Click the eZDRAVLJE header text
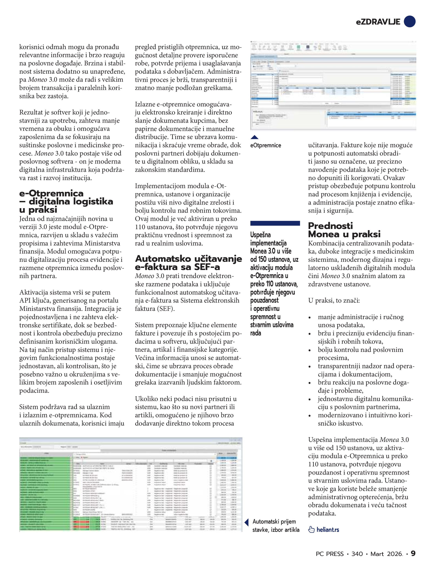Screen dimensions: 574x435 (x=378, y=22)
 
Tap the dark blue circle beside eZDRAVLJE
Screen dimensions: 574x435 (x=409, y=21)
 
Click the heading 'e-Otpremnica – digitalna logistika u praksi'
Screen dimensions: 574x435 (x=66, y=201)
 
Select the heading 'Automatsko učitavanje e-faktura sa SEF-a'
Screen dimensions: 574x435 (x=188, y=263)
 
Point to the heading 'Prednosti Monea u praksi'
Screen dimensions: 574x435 (x=344, y=230)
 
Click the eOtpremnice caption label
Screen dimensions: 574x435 (x=266, y=145)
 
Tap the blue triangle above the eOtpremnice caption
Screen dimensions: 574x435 (x=255, y=137)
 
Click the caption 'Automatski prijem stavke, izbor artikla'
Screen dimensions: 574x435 (x=276, y=526)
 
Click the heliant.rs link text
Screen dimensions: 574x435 (x=328, y=530)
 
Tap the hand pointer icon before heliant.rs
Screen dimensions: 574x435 (x=311, y=530)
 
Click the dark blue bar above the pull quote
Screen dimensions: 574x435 (x=275, y=223)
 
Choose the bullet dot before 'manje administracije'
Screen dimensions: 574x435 (x=310, y=318)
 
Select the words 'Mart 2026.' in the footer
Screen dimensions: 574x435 (x=386, y=554)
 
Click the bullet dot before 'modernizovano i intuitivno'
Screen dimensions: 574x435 (x=310, y=416)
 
